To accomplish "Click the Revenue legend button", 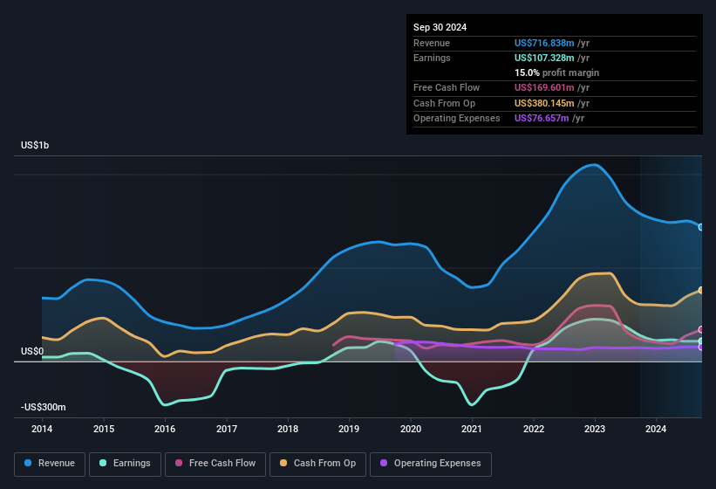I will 50,464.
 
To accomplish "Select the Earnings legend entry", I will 125,464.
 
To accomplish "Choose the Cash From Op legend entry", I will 317,464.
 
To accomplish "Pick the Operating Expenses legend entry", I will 431,464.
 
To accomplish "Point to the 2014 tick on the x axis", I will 42,429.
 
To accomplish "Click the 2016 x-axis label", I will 165,429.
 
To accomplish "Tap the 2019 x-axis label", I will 349,429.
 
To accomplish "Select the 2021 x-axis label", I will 472,429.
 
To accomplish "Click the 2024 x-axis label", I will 656,429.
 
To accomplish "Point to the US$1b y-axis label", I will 35,145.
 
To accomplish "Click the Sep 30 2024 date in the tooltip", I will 440,27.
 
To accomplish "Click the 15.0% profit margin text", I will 556,72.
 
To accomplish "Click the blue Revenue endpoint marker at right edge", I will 700,227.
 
